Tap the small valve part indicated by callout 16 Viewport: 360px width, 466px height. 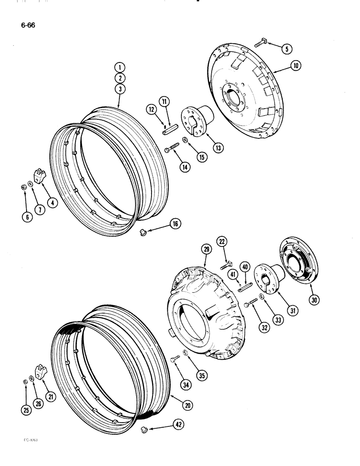[144, 232]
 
